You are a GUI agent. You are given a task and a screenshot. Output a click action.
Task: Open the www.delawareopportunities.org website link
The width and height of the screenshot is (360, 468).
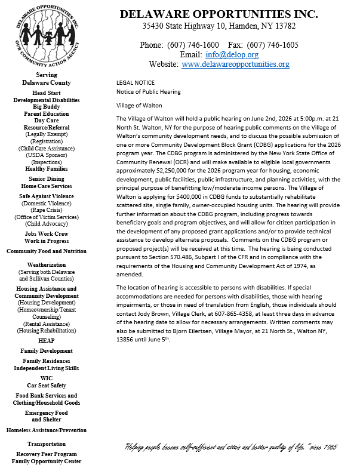click(x=235, y=64)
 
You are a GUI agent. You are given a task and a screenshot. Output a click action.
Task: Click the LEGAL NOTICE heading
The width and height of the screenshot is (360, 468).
click(x=136, y=82)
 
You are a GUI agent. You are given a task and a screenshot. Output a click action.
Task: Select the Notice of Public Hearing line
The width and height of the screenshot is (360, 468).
click(x=148, y=91)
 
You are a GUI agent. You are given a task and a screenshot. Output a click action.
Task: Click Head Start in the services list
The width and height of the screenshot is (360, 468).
click(x=47, y=93)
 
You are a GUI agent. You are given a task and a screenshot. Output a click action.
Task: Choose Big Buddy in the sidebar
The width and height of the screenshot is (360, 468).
click(x=47, y=107)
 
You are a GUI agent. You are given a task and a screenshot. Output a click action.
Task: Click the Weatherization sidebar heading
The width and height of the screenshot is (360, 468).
click(x=47, y=264)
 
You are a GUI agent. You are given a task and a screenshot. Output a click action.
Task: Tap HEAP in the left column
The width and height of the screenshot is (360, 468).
click(x=47, y=340)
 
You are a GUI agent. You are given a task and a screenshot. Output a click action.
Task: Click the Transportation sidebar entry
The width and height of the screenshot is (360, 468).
click(x=47, y=444)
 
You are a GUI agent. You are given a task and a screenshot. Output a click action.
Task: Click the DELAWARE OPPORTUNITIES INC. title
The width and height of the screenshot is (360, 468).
click(x=219, y=14)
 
